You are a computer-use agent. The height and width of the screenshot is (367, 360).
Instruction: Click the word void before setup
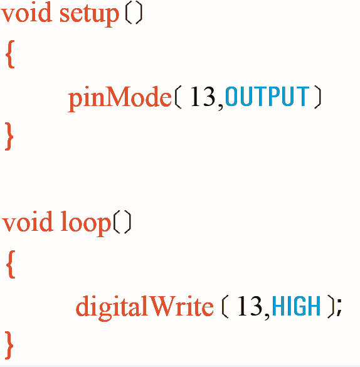[x=26, y=12]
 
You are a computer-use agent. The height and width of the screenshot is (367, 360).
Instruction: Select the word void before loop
[x=28, y=221]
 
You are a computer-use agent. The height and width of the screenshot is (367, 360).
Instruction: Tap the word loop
[x=86, y=223]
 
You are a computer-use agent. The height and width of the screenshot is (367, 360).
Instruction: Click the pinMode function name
[x=120, y=98]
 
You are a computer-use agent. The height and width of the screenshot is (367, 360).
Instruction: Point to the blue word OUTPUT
[x=267, y=96]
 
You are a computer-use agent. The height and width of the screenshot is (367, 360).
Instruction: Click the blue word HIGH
[x=296, y=306]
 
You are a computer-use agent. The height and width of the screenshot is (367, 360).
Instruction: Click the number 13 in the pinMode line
[x=203, y=96]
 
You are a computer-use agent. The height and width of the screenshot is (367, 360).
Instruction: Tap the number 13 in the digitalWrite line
[x=250, y=306]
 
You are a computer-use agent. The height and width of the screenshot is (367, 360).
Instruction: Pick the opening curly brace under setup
[x=10, y=54]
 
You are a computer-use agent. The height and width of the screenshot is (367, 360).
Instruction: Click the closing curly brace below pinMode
[x=9, y=136]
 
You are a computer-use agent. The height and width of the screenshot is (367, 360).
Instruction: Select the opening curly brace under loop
[x=11, y=264]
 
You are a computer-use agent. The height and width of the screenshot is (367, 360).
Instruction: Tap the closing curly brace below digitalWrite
[x=9, y=345]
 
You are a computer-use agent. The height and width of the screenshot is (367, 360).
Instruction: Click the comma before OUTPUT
[x=220, y=107]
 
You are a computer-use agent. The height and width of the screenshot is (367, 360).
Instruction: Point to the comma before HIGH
[x=267, y=316]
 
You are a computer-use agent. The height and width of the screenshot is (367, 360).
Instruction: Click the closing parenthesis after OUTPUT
[x=318, y=97]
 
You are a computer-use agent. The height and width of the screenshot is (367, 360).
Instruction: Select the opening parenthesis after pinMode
[x=177, y=97]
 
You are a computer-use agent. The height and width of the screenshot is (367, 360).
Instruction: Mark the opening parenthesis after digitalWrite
[x=225, y=306]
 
